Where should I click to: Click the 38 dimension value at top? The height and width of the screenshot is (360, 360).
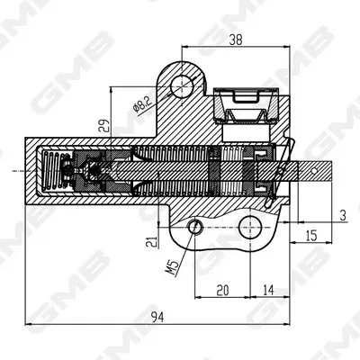coord(236,40)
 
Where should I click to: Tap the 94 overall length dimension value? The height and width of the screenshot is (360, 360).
coord(157,317)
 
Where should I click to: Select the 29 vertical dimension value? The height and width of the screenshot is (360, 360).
coord(103,126)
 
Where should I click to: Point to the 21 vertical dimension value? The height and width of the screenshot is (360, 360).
coord(152,241)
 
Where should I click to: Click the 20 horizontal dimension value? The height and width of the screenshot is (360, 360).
coord(222,290)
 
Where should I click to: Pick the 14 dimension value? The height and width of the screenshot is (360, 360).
coord(268,290)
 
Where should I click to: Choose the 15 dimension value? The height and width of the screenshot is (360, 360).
coord(311,236)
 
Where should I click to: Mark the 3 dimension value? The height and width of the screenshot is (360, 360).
coord(343,215)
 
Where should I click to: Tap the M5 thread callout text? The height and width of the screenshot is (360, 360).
coord(172,268)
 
